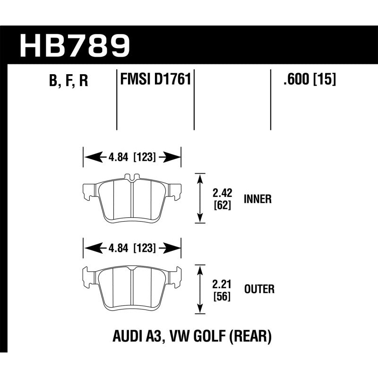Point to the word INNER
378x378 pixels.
click(x=258, y=199)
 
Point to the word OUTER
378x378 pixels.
click(x=258, y=289)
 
